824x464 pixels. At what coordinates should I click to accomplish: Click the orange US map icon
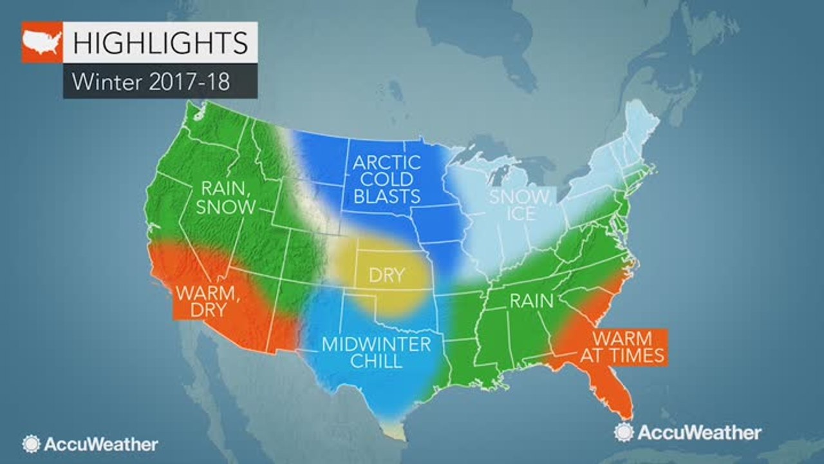click(42, 43)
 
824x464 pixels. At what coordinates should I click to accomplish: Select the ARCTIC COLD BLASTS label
click(386, 179)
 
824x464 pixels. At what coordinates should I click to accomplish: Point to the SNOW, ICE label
click(521, 204)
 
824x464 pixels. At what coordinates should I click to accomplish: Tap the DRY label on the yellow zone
click(386, 276)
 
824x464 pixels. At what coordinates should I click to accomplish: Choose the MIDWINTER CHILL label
click(377, 352)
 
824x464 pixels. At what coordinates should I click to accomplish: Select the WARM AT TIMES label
click(622, 347)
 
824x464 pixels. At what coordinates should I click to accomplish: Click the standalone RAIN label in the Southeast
click(532, 300)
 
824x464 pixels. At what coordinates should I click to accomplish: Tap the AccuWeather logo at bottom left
click(90, 444)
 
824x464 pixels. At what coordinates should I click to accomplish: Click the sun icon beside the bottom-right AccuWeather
click(624, 432)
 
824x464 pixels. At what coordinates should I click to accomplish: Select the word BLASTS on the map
click(386, 195)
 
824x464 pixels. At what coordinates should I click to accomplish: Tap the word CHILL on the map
click(377, 360)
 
